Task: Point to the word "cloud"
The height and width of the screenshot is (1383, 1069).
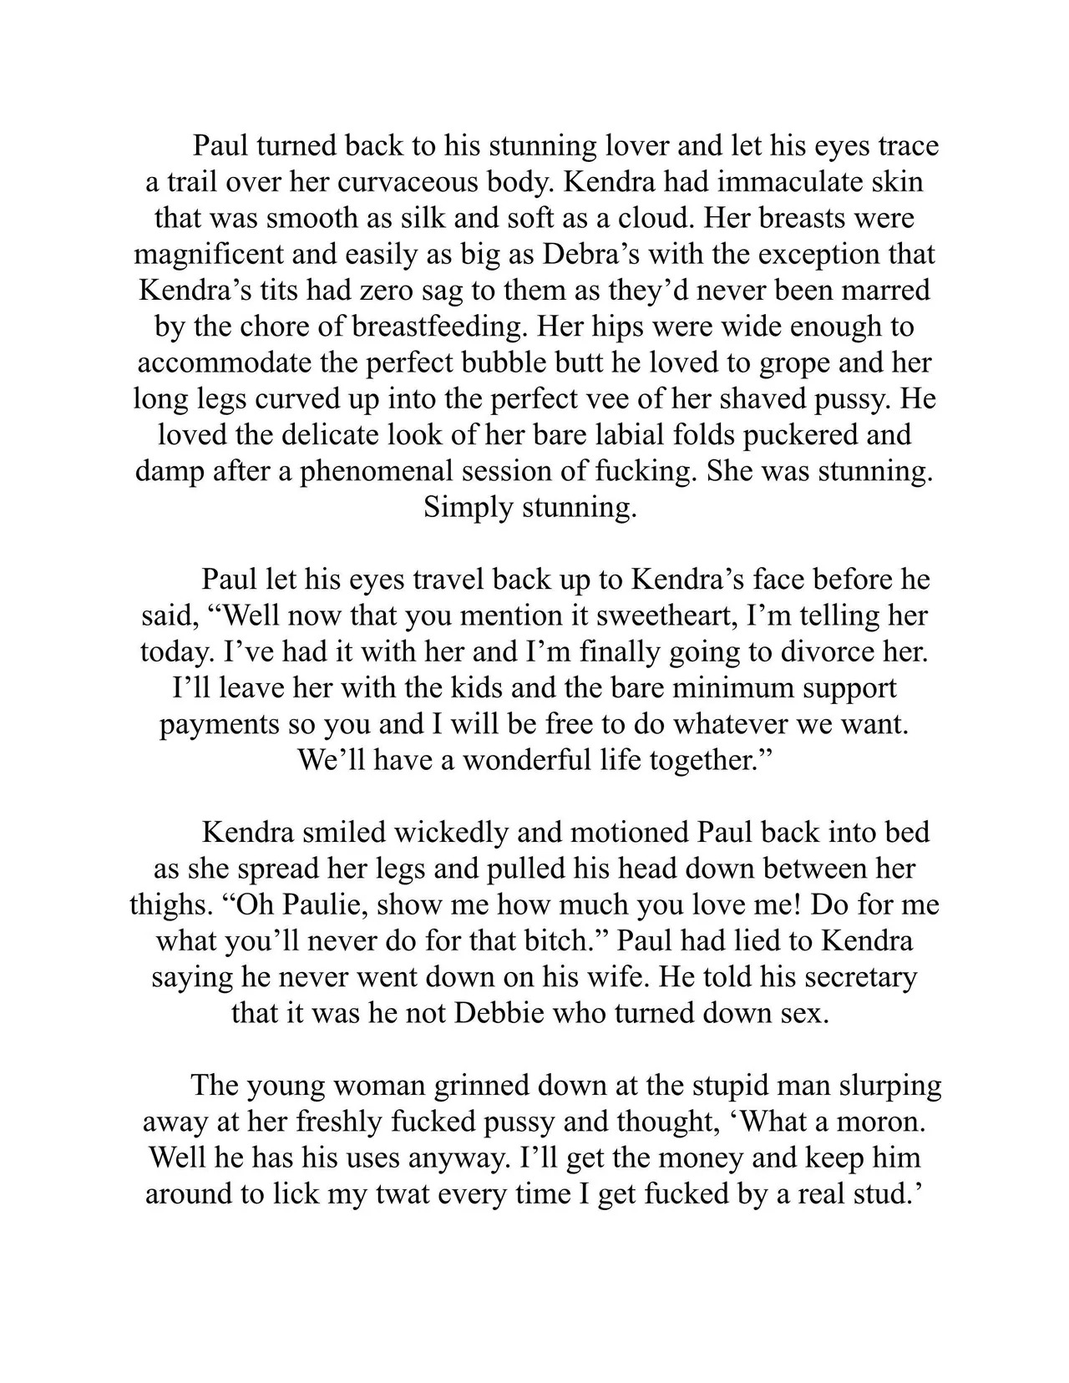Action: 648,218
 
